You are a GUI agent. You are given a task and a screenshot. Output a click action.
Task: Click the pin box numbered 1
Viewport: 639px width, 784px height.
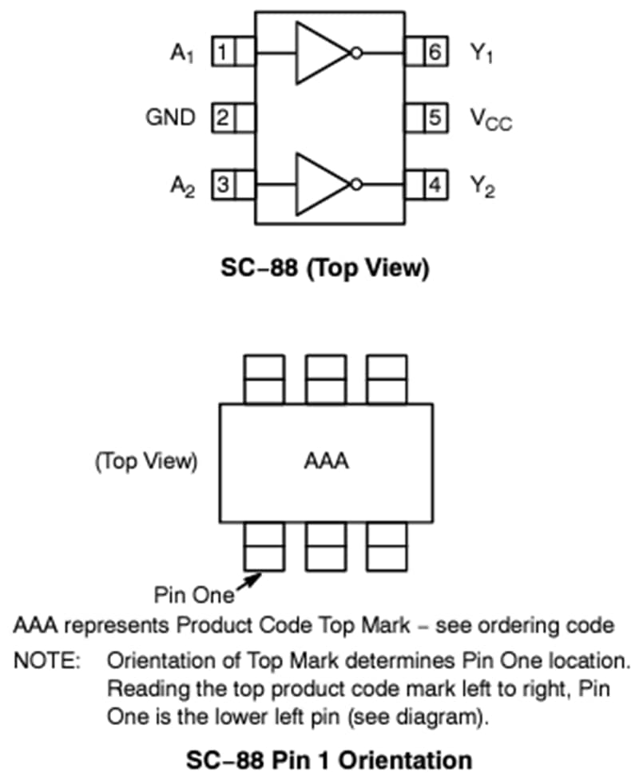click(223, 53)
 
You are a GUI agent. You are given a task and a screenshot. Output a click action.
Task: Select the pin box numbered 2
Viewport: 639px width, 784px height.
click(223, 118)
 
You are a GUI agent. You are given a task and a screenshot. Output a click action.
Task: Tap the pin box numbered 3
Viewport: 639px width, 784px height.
click(223, 184)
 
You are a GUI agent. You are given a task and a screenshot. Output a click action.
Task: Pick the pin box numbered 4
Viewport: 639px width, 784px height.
click(435, 184)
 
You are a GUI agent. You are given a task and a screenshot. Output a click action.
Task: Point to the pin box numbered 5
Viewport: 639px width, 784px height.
click(435, 118)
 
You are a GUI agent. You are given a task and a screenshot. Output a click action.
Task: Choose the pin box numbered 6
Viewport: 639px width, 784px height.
click(435, 53)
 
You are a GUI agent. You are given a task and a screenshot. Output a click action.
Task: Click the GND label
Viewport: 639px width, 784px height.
click(170, 118)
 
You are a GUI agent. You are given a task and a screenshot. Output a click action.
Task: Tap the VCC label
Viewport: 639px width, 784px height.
click(490, 120)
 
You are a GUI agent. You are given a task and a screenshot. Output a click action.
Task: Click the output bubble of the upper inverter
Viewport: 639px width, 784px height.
click(356, 53)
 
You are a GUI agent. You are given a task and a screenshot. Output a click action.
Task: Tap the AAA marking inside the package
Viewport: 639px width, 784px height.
click(327, 461)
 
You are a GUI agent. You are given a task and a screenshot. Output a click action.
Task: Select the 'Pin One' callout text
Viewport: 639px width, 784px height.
click(194, 595)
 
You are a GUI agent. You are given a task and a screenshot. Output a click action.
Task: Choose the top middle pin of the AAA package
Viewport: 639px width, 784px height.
click(326, 380)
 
